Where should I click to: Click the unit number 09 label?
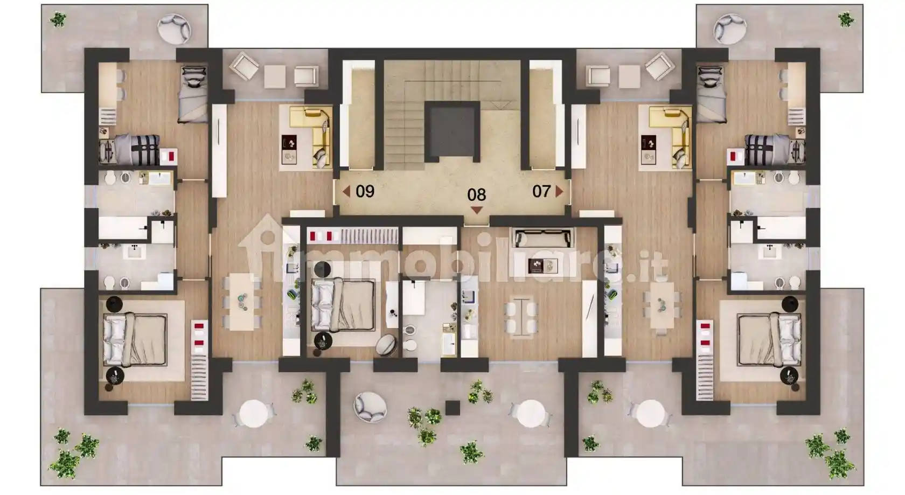pos(365,191)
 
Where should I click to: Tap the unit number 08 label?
pos(476,195)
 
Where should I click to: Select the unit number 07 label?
pos(541,191)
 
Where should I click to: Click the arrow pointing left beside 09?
pos(346,191)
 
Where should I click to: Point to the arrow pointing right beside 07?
pos(559,191)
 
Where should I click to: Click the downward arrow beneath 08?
pos(477,210)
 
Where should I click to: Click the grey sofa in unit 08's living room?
pos(542,238)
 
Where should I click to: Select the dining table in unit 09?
pos(242,302)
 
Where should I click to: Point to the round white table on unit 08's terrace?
pos(531,414)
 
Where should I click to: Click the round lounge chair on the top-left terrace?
pos(173,29)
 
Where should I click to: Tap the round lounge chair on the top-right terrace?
pos(730,29)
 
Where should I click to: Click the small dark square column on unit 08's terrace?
pos(452,408)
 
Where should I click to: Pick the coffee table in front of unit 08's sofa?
pos(544,266)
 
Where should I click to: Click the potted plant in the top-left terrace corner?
pos(59,19)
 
